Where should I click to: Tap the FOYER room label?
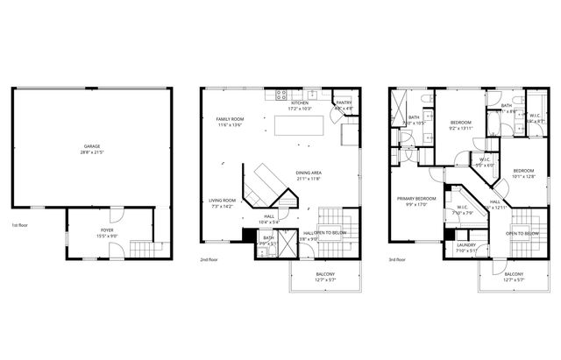coord(106,230)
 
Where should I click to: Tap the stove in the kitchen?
coord(283,95)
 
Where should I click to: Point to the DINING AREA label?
coord(309,175)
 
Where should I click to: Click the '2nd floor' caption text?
coord(209,260)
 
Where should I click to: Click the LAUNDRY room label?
coord(465,246)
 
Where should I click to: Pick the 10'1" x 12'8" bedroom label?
coord(523,172)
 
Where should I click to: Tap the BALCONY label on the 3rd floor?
coord(514,276)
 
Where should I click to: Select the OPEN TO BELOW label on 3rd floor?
coord(522,233)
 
